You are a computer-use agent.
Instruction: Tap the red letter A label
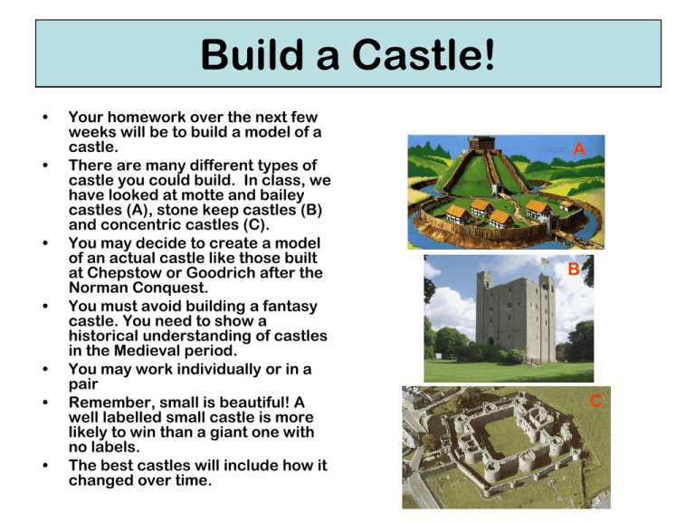pyautogui.click(x=579, y=149)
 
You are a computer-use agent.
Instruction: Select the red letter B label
pyautogui.click(x=574, y=270)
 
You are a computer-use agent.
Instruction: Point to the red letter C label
pyautogui.click(x=596, y=400)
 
